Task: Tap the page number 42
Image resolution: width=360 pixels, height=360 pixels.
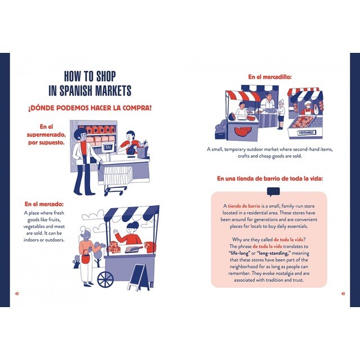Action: (x=17, y=294)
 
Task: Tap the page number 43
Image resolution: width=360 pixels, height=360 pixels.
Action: (x=343, y=294)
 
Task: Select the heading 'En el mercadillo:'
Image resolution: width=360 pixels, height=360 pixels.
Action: (x=270, y=77)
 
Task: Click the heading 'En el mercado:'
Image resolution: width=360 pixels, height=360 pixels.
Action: (x=44, y=204)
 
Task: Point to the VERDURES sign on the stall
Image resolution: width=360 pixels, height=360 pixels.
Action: (x=307, y=133)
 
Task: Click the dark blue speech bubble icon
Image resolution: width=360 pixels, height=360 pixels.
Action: (x=273, y=192)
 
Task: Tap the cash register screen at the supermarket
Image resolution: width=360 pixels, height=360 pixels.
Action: (x=107, y=147)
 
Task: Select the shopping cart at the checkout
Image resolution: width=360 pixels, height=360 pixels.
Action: (x=117, y=180)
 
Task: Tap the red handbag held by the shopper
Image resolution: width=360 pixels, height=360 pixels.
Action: (x=86, y=258)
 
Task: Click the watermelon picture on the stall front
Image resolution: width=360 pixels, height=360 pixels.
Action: (x=242, y=132)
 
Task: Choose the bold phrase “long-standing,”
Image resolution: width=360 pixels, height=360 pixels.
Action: (x=274, y=253)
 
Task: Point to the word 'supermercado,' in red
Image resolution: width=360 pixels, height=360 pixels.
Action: (x=46, y=134)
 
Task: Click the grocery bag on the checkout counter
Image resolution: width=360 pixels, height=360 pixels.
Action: (x=142, y=149)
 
